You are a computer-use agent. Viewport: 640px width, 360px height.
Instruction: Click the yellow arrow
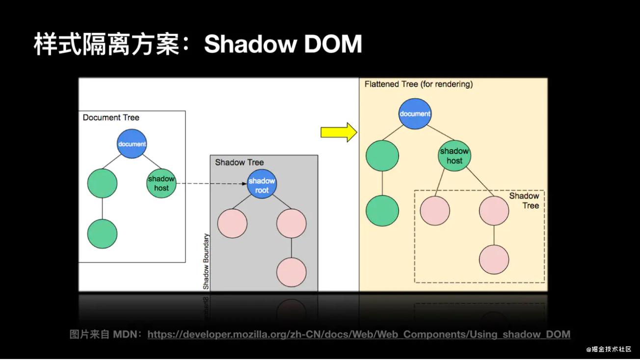[x=339, y=132]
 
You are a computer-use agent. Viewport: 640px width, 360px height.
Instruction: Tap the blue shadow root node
[x=262, y=184]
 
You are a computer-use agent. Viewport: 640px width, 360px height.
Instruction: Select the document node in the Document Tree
[x=132, y=144]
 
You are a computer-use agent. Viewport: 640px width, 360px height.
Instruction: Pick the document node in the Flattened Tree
[x=415, y=114]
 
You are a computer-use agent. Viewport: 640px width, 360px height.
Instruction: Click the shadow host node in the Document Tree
[x=161, y=183]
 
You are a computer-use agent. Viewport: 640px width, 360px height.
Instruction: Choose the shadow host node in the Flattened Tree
[x=454, y=155]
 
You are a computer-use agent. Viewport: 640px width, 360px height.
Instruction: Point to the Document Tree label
[x=111, y=118]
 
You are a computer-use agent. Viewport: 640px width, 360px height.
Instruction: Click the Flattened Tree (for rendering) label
[x=419, y=84]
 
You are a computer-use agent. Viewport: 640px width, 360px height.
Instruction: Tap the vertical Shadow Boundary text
[x=206, y=261]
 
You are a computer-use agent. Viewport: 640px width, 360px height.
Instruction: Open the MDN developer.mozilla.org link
[x=359, y=334]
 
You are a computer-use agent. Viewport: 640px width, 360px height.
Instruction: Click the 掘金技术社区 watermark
[x=609, y=349]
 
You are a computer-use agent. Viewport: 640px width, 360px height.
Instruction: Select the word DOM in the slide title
[x=333, y=44]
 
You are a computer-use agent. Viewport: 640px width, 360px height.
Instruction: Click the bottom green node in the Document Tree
[x=102, y=234]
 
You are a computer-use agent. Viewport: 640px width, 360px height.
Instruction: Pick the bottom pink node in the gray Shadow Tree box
[x=292, y=272]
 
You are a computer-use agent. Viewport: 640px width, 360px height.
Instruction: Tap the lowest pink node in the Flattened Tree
[x=494, y=259]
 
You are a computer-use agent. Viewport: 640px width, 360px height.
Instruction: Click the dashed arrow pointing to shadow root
[x=212, y=183]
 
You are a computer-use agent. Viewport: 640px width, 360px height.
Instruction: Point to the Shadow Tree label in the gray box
[x=239, y=162]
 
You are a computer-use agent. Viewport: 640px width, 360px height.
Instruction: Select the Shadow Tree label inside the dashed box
[x=524, y=201]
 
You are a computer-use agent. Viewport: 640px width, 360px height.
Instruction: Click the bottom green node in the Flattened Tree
[x=382, y=211]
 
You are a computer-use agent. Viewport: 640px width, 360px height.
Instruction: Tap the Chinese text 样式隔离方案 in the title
[x=107, y=44]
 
